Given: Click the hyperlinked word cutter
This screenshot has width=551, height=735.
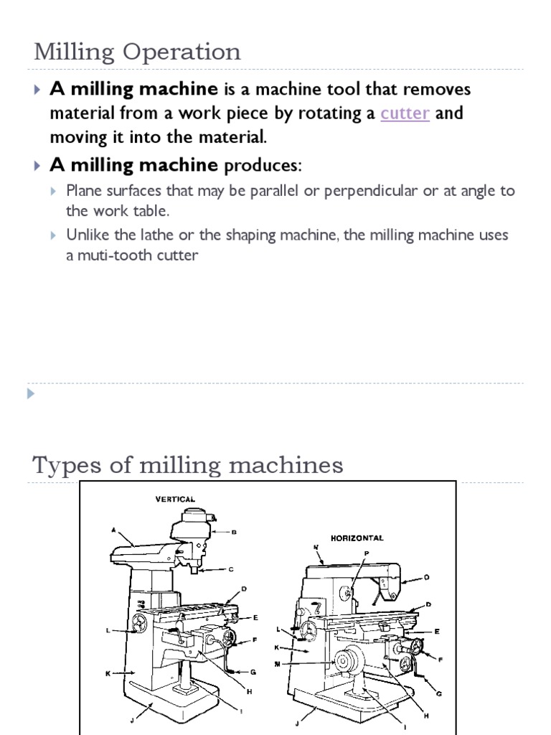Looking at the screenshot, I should click(x=405, y=113).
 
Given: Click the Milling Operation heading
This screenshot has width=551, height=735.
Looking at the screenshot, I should click(x=137, y=52).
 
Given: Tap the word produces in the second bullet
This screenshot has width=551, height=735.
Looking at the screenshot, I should click(x=262, y=166).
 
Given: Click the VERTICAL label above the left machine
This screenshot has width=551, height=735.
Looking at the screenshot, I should click(x=175, y=498).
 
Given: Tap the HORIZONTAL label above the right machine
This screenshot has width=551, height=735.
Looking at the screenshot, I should click(x=357, y=538).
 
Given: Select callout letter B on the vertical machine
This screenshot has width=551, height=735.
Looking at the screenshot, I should click(x=234, y=532).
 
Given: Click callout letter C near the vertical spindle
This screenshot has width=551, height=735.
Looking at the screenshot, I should click(x=230, y=570).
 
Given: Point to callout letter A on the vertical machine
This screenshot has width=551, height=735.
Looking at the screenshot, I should click(x=113, y=532).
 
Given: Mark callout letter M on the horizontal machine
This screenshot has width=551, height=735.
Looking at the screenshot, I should click(x=277, y=663).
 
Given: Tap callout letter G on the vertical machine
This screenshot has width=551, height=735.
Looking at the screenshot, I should click(x=253, y=671).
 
